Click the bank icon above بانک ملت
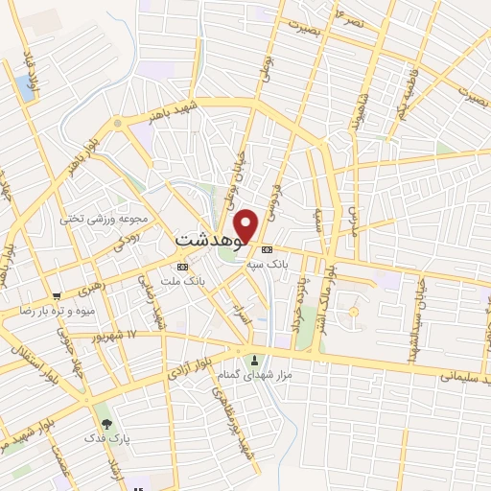coord(182,266)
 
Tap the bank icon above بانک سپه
coord(279,248)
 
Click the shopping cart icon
coord(58,295)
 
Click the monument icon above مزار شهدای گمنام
coord(254,361)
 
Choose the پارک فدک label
coord(116,439)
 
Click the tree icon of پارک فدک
coord(105,423)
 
